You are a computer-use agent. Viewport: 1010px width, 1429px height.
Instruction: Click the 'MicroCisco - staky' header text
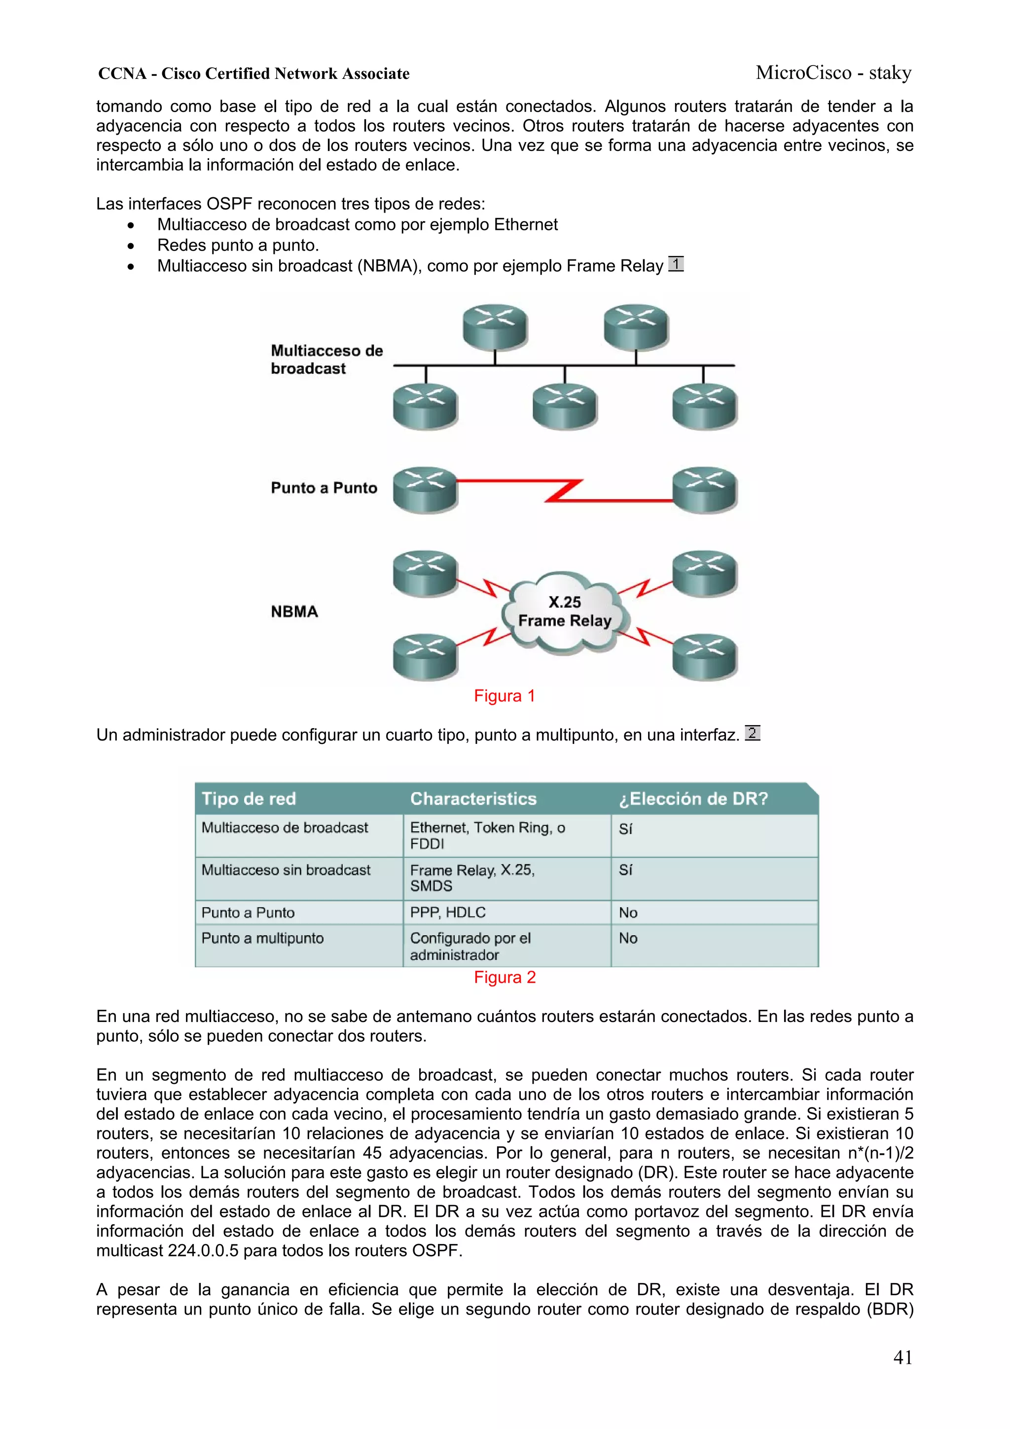tap(833, 73)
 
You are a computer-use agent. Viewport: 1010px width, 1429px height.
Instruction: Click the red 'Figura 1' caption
tap(504, 696)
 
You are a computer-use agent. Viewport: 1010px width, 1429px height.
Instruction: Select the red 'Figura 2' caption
tap(504, 977)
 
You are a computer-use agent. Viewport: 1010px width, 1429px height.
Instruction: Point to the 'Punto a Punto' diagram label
tap(324, 488)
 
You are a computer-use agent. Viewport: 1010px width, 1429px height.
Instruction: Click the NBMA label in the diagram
tap(294, 612)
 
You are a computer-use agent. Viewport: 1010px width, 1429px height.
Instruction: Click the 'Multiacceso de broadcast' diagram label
tap(326, 360)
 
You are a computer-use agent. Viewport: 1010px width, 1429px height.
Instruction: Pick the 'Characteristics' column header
tap(473, 799)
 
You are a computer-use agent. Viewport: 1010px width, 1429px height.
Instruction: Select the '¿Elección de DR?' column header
tap(692, 799)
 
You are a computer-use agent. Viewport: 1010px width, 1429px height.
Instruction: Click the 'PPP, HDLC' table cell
tap(447, 913)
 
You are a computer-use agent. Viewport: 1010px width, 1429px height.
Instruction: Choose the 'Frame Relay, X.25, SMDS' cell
tap(471, 878)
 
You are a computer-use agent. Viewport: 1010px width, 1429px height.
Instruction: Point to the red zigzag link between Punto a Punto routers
tap(564, 490)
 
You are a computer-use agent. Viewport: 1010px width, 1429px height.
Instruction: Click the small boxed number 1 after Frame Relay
tap(676, 264)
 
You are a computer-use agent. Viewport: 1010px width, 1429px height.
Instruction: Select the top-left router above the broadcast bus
tap(495, 326)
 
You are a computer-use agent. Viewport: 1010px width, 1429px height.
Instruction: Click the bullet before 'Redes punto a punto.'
tap(131, 246)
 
